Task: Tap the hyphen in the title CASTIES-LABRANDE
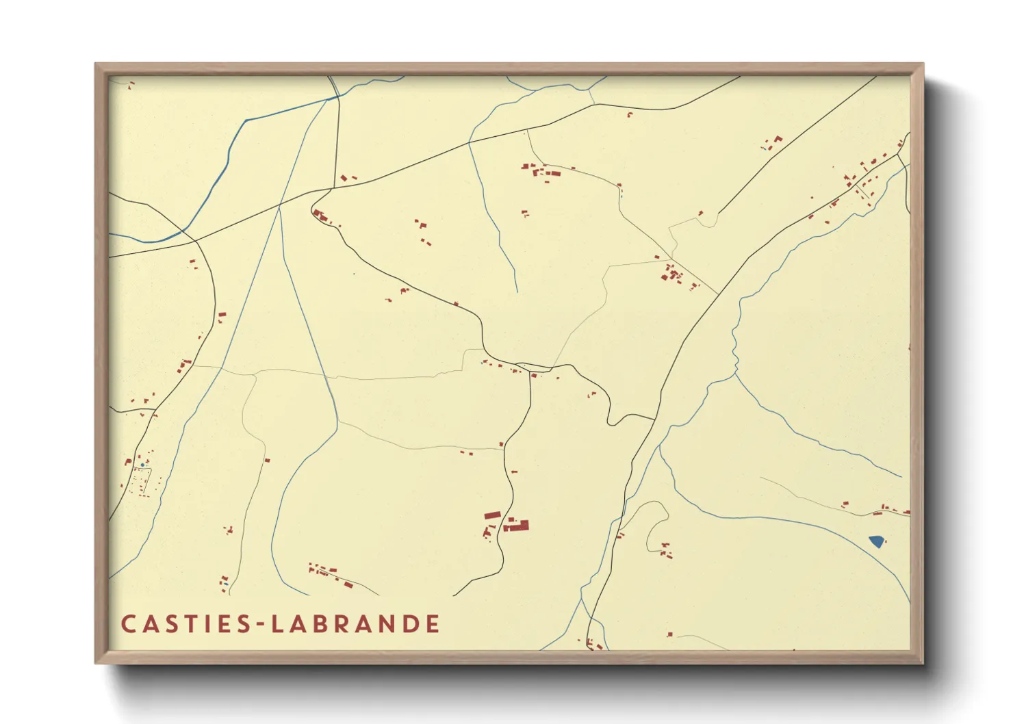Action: [260, 624]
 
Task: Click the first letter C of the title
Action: [128, 624]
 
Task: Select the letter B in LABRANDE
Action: [324, 624]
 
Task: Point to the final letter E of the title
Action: [432, 624]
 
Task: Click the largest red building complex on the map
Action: [517, 526]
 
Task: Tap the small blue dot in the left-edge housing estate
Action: [142, 465]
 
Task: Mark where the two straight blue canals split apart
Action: [279, 205]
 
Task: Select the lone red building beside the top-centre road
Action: [630, 114]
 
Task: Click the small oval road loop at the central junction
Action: [534, 367]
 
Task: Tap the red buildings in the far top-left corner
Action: [130, 85]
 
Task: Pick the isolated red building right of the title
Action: [670, 634]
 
